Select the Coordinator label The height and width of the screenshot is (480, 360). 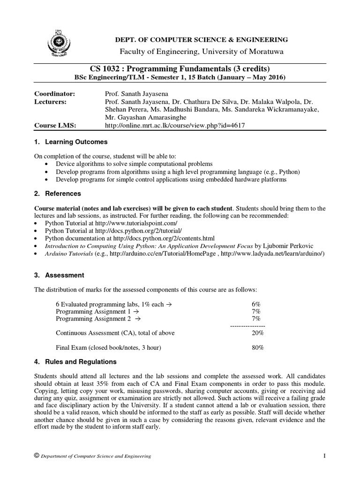pos(55,94)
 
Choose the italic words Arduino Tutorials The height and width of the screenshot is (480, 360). pos(69,253)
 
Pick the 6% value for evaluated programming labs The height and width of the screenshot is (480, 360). pos(256,304)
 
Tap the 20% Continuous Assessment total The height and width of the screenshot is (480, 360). pos(257,333)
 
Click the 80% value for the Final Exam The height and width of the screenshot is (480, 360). pos(257,348)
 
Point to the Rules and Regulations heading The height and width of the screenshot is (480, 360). pos(81,362)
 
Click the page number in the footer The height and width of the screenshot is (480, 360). pos(324,456)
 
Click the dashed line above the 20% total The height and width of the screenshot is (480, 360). pos(247,326)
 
